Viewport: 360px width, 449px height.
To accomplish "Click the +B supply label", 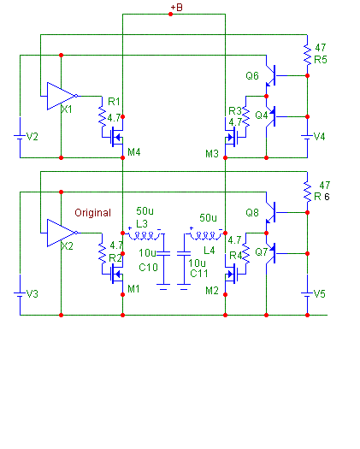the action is pyautogui.click(x=176, y=7).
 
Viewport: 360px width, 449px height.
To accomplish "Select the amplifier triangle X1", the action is pyautogui.click(x=61, y=96).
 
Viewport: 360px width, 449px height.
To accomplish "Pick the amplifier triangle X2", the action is pyautogui.click(x=61, y=233).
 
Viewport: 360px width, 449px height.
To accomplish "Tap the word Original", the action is pyautogui.click(x=93, y=213).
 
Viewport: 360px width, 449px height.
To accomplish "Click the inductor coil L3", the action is pyautogui.click(x=144, y=235).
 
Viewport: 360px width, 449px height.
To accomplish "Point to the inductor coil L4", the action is pyautogui.click(x=205, y=235).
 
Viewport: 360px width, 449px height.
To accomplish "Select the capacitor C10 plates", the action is pyautogui.click(x=163, y=254).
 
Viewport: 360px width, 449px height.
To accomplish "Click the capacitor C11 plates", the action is pyautogui.click(x=184, y=254).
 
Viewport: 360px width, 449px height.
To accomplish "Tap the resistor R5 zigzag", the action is pyautogui.click(x=307, y=55).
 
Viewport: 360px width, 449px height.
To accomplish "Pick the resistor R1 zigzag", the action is pyautogui.click(x=103, y=116).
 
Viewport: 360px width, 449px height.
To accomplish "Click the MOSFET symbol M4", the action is pyautogui.click(x=117, y=138).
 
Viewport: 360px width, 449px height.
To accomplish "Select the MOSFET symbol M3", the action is pyautogui.click(x=231, y=138).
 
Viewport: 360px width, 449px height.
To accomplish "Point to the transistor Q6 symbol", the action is pyautogui.click(x=271, y=75).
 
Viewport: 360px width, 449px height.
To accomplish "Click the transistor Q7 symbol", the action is pyautogui.click(x=271, y=253).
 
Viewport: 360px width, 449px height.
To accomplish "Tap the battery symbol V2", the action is pyautogui.click(x=20, y=137).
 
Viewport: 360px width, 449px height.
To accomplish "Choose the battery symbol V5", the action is pyautogui.click(x=307, y=294).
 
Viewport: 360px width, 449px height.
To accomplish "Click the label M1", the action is pyautogui.click(x=133, y=289).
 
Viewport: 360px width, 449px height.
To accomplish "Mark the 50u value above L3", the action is pyautogui.click(x=145, y=211).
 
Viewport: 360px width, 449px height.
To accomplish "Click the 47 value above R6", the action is pyautogui.click(x=325, y=186).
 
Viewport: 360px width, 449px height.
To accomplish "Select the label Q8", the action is pyautogui.click(x=252, y=213).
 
